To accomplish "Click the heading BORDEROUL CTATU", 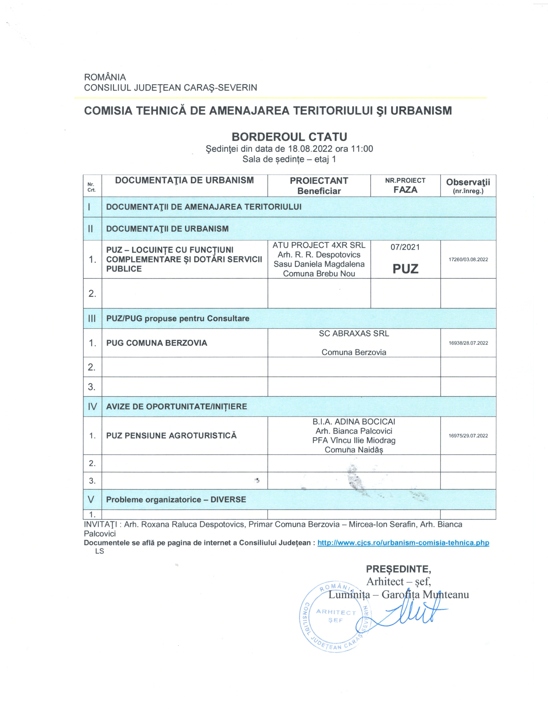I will [x=289, y=137].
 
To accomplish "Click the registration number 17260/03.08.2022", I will [x=468, y=259].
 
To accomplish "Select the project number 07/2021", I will [x=405, y=247].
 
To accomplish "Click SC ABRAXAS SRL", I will [x=354, y=333].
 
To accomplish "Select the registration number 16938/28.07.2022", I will [x=468, y=343].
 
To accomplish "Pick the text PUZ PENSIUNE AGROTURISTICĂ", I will [x=171, y=435].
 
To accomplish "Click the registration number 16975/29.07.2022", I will [x=468, y=436].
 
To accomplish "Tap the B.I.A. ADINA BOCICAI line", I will [x=354, y=422].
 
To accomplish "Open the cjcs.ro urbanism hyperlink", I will [x=403, y=543].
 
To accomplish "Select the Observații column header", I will [x=468, y=185].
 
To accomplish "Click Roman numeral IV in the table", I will [x=92, y=406].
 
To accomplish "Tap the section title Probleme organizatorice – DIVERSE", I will [x=176, y=499].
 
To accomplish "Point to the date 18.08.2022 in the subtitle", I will [x=310, y=149].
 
